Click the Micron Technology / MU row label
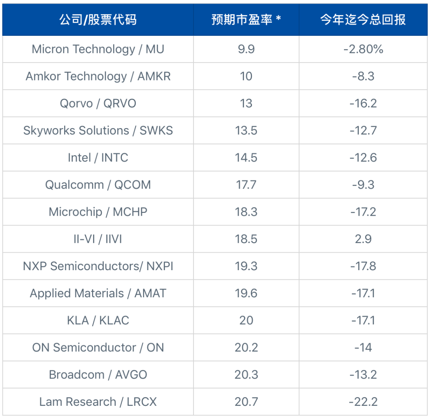98,49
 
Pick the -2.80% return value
363,49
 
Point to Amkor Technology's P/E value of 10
246,76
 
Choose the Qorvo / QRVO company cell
98,103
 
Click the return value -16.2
363,103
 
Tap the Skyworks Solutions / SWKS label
98,131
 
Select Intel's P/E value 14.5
246,158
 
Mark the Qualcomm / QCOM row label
98,185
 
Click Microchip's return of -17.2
363,212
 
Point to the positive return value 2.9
363,239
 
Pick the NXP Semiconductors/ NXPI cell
98,266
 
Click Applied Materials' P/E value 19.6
246,293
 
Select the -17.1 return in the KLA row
363,320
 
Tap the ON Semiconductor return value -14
363,347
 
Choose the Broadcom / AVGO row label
98,374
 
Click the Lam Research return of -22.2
363,402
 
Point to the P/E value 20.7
246,402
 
